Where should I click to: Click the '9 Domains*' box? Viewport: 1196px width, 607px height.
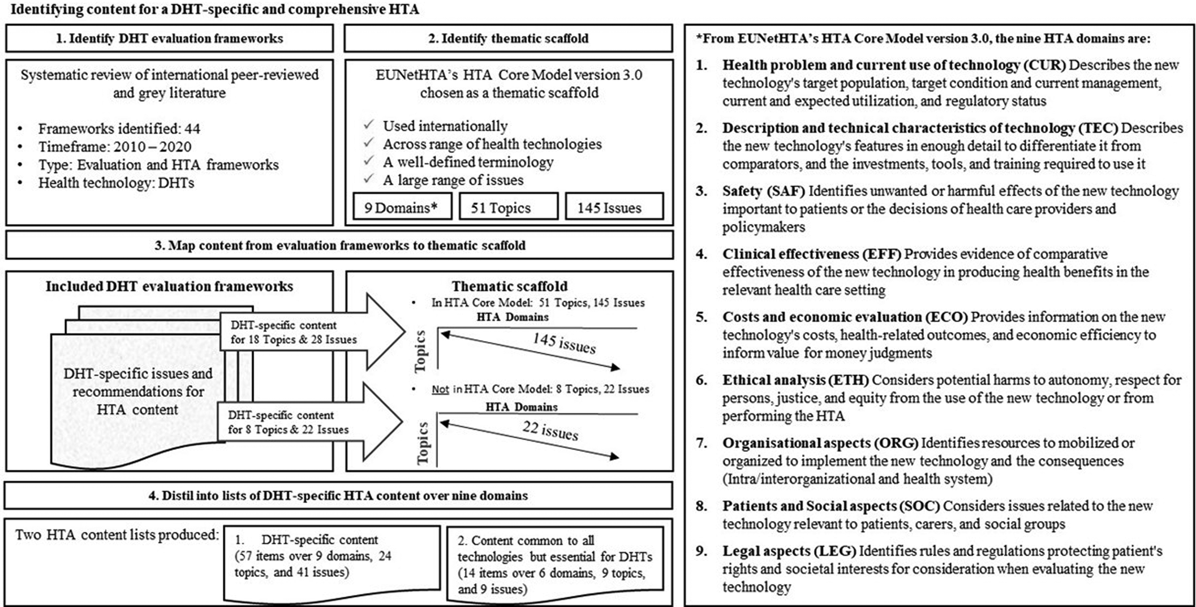pos(402,208)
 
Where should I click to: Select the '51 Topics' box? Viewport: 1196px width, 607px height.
pos(507,208)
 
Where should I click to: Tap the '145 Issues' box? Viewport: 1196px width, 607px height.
pos(614,208)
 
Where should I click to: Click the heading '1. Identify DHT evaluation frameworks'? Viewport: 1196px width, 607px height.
pos(169,38)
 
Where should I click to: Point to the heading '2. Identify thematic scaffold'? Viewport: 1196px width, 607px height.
pos(508,38)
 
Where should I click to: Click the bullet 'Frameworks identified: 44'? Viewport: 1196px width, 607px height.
pos(119,129)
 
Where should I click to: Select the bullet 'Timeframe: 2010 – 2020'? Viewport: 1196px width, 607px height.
pos(115,147)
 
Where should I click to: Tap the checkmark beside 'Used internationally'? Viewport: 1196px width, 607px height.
pos(369,125)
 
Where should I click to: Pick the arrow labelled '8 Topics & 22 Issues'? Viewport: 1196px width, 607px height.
pos(306,423)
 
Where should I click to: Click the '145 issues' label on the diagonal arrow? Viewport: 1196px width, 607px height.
pos(563,343)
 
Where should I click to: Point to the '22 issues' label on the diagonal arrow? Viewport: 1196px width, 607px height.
pos(550,431)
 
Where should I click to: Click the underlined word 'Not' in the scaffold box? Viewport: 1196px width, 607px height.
pos(440,389)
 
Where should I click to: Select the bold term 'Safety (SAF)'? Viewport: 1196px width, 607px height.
pos(763,191)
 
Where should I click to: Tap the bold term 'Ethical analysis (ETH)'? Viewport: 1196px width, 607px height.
pos(795,380)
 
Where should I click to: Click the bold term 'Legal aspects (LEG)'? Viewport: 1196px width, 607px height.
pos(789,551)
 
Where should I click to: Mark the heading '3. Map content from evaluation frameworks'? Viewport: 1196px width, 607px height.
pos(339,246)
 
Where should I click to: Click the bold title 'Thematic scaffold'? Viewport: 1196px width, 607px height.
pos(509,286)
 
